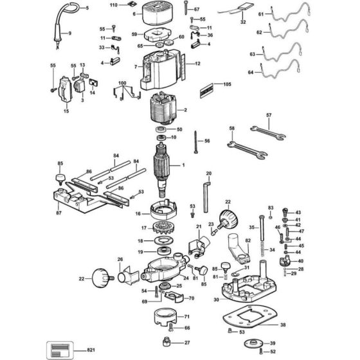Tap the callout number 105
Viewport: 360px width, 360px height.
coord(227,84)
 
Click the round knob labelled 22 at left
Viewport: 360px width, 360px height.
coord(102,278)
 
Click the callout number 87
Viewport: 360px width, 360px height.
coord(59,212)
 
